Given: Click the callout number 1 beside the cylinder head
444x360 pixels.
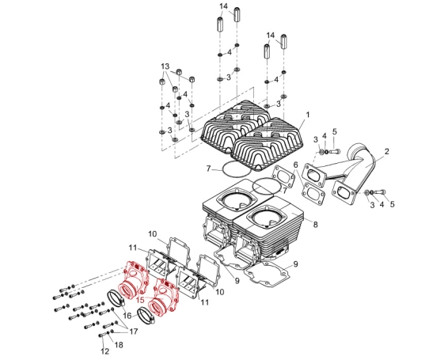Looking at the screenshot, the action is tap(308, 115).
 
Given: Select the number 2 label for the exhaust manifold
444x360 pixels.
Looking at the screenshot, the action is tap(386, 151).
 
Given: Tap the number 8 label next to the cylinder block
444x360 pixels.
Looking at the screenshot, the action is tap(315, 225).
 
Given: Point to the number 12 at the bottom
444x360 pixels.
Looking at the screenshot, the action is tap(104, 351).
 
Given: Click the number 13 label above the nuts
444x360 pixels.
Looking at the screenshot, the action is tap(165, 66).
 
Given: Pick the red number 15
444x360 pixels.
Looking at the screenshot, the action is tap(140, 299).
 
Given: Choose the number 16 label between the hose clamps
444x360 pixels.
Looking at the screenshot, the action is tap(127, 315).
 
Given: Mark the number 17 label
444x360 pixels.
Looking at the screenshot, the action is tap(133, 332).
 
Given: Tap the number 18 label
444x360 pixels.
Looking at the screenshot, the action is tap(119, 345).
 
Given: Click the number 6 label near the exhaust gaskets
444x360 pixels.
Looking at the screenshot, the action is tap(296, 165).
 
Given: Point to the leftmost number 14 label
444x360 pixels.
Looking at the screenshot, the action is tap(224, 6).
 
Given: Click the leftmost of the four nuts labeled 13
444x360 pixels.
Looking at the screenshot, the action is tap(162, 82).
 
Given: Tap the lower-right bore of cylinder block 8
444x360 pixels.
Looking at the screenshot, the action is tap(268, 218).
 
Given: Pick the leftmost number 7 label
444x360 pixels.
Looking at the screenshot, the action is tap(209, 169).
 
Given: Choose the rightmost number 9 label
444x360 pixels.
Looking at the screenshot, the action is tap(296, 264).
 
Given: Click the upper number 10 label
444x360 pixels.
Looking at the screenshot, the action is tap(152, 234).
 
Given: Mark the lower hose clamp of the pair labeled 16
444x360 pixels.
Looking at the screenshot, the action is tap(146, 316).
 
